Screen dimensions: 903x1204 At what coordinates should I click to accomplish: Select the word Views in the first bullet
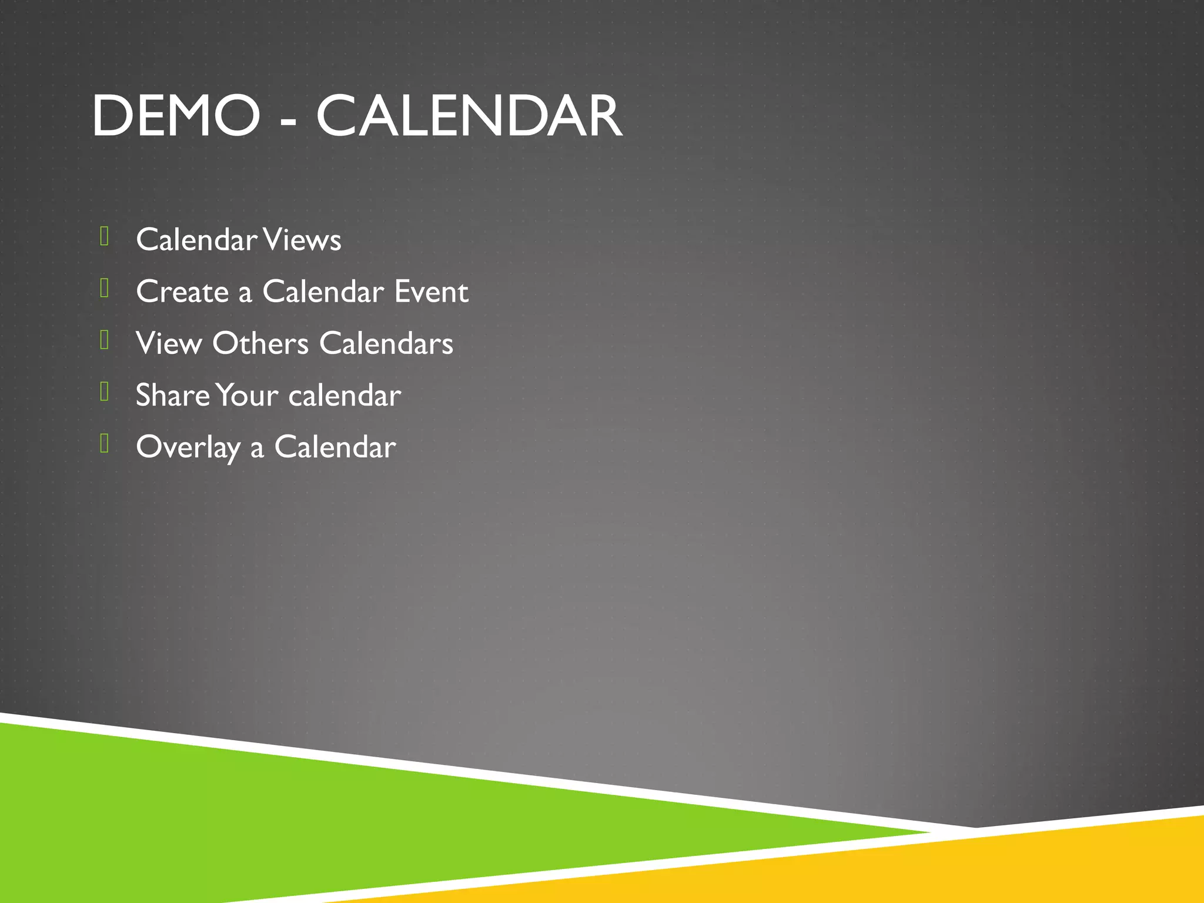(x=302, y=240)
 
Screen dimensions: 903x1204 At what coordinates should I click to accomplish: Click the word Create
(x=182, y=292)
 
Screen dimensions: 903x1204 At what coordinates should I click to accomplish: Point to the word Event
(x=432, y=292)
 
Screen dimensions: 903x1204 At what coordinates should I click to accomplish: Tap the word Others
(x=260, y=343)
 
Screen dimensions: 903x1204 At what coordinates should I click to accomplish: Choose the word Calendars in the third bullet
(x=386, y=343)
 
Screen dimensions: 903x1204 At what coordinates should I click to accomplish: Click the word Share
(x=172, y=395)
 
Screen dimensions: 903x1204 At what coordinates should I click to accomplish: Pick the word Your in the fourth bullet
(x=247, y=395)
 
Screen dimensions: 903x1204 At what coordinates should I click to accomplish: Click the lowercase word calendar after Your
(x=345, y=395)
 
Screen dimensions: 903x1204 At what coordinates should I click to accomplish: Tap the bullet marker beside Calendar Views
(x=105, y=236)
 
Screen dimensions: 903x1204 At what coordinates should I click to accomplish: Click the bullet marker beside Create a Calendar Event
(x=105, y=288)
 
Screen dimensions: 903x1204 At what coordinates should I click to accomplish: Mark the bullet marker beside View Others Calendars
(x=105, y=340)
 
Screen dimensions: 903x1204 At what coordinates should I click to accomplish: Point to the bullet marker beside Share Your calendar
(x=105, y=392)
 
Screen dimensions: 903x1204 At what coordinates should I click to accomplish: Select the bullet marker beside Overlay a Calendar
(x=105, y=443)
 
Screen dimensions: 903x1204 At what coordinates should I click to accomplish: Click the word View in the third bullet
(x=169, y=343)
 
